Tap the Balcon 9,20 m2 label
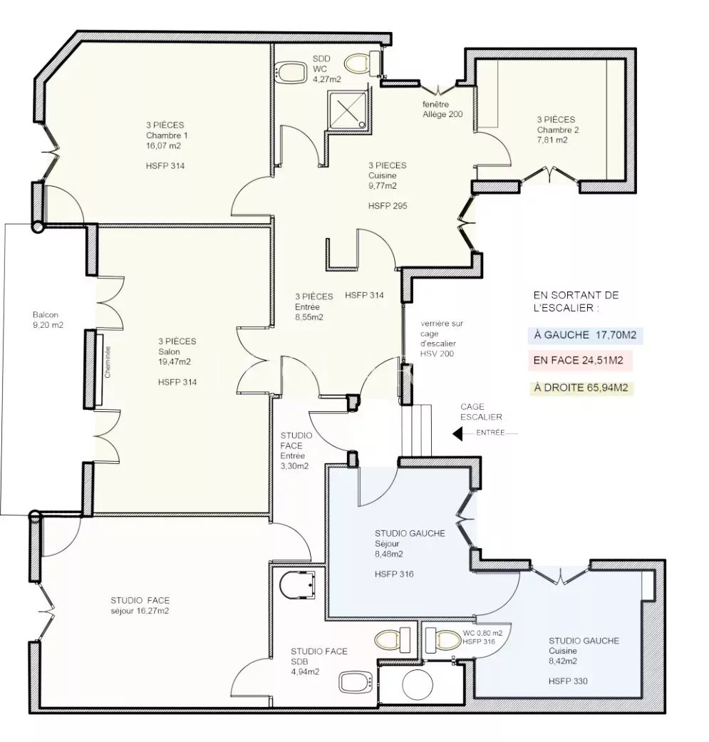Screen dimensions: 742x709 48,320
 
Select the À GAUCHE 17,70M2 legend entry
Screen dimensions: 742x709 585,334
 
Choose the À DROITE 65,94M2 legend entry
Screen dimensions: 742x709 581,388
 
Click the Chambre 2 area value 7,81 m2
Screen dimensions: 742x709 552,140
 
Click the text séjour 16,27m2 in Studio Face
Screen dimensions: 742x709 140,611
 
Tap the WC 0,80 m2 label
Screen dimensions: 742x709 482,632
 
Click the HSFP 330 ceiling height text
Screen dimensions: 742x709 568,681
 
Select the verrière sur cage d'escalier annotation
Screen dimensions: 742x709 442,339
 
